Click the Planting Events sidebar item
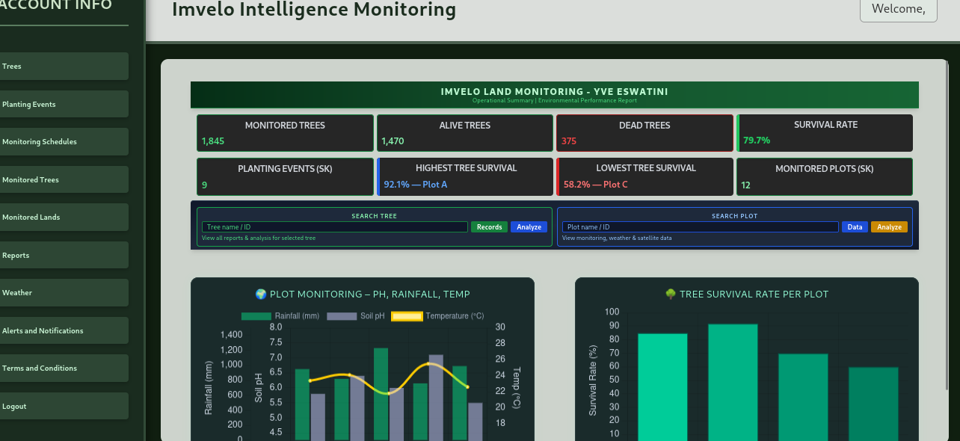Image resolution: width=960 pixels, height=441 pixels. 30,105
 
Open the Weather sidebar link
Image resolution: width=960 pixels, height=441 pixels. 18,293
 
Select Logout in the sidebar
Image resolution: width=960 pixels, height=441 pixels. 15,407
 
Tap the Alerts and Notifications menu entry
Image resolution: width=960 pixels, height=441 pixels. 43,331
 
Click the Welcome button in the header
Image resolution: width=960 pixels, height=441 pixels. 898,10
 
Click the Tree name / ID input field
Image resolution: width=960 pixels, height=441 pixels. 334,227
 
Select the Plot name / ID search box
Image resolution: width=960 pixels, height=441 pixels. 700,227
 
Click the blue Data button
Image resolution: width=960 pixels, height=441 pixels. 855,227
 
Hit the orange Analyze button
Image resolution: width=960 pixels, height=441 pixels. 889,227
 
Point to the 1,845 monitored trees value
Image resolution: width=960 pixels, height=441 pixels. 213,141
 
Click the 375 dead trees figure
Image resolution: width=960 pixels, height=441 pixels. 569,141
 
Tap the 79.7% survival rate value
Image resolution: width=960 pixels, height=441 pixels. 757,141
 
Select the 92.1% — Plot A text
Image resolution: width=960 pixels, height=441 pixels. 416,185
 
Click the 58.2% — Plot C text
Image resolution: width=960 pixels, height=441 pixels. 596,185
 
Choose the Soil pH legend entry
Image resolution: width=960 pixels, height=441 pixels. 356,316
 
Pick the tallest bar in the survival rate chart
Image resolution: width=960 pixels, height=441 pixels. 733,381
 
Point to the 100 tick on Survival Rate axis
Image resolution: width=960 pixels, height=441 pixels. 612,312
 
